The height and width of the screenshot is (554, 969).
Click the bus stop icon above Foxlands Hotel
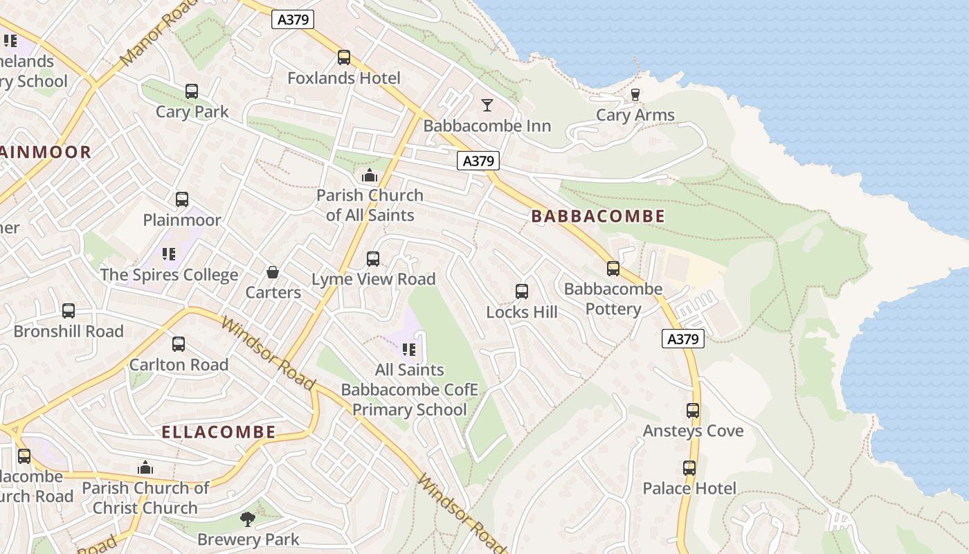343,57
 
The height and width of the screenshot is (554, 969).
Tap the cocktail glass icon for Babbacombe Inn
487,105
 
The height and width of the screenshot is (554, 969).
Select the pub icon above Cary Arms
635,95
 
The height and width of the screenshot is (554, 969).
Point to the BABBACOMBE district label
598,216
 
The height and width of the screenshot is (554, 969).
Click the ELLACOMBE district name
219,433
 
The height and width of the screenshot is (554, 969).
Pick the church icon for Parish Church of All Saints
370,175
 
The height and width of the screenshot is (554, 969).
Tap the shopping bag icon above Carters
273,272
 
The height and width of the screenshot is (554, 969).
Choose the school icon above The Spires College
169,254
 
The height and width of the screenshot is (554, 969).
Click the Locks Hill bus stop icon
522,292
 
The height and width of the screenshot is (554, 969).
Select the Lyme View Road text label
374,279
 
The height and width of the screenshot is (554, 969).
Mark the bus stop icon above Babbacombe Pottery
613,269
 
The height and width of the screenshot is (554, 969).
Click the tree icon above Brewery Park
248,519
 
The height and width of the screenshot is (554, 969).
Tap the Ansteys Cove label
693,431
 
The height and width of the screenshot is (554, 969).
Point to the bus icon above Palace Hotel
689,468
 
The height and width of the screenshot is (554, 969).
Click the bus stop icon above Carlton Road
178,344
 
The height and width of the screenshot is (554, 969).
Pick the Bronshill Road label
69,332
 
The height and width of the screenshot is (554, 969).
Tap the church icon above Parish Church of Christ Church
145,468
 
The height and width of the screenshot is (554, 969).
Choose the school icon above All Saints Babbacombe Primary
409,350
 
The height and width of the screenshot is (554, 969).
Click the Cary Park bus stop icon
192,91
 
